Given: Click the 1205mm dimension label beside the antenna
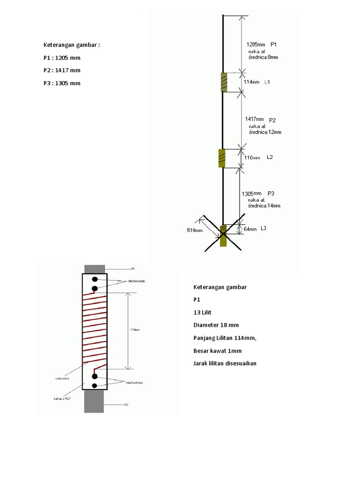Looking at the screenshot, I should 256,45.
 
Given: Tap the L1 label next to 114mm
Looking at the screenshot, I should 267,82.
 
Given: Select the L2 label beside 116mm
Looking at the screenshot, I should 270,157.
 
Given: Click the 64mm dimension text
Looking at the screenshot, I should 250,229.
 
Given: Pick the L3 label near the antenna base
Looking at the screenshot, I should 263,229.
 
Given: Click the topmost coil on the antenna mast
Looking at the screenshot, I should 224,82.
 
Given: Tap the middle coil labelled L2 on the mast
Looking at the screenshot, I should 222,158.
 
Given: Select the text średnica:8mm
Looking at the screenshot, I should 263,57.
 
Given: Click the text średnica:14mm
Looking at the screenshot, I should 265,206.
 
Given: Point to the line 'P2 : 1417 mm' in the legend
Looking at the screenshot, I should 62,70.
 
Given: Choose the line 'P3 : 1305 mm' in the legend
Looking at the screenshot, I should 62,83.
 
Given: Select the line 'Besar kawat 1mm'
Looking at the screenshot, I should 217,350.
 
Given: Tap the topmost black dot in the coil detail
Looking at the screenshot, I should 95,279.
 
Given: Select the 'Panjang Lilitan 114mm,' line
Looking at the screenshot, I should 225,337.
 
